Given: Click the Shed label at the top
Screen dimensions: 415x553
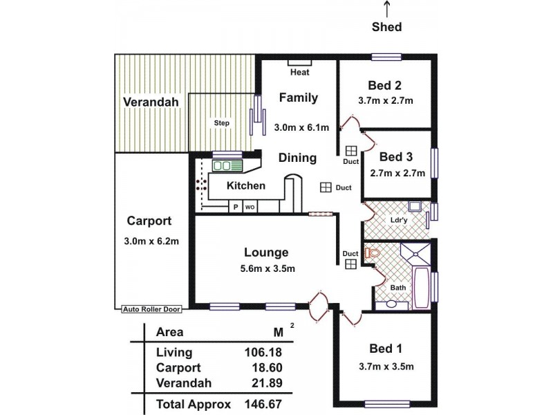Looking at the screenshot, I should [386, 27].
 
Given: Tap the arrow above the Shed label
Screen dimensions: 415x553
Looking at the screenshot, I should [386, 9].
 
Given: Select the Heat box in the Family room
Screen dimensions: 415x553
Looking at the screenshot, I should [299, 71].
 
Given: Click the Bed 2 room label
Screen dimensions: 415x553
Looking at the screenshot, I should [384, 86].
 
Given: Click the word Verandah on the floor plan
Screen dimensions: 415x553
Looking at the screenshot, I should [151, 102].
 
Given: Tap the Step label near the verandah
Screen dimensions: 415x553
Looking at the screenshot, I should [221, 123].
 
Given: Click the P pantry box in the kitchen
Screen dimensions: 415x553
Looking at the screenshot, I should [235, 207].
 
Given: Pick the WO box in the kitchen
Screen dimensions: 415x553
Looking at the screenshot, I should [249, 207].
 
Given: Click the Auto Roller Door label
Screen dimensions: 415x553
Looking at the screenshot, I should [151, 309].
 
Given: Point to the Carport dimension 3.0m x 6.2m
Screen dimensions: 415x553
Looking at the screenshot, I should [149, 241].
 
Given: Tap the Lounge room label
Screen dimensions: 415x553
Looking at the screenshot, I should [266, 252].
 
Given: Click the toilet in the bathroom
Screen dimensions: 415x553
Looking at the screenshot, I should [374, 253].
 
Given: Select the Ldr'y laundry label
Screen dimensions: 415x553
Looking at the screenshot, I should [397, 221].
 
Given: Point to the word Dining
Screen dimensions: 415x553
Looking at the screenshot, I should [297, 158].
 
